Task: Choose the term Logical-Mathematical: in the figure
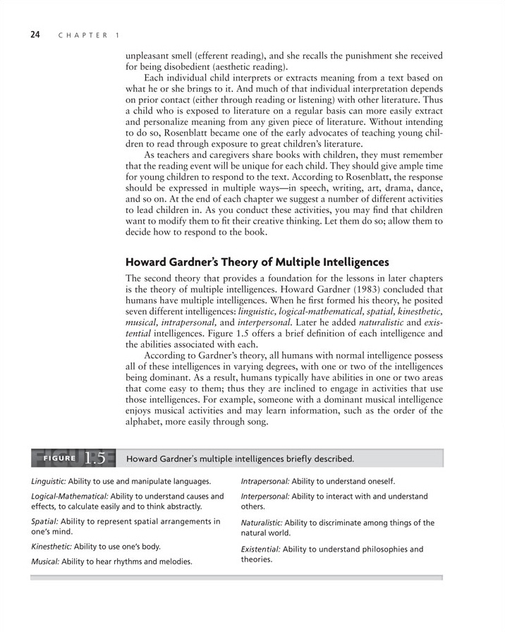[x=69, y=497]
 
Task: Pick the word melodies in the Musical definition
[x=173, y=561]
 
